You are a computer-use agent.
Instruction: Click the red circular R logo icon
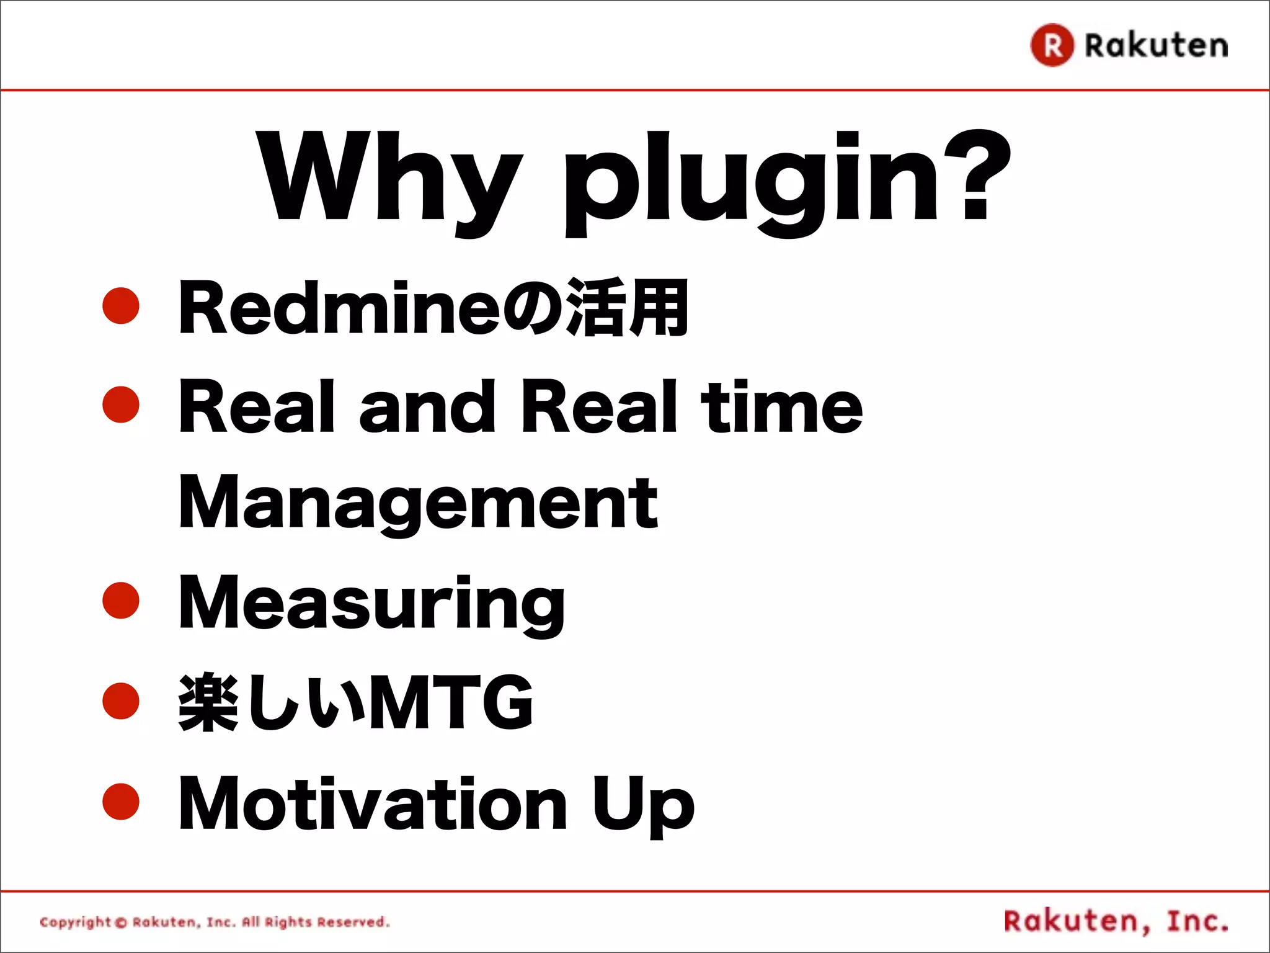1052,45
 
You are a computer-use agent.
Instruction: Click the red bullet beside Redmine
121,305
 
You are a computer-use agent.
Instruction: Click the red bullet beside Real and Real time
121,405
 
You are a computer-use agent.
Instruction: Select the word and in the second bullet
427,407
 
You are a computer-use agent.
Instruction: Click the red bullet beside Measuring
121,601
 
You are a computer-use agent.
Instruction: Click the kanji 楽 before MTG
208,702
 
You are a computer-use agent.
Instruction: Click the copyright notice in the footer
215,922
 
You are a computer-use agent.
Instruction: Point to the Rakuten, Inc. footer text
1116,921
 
